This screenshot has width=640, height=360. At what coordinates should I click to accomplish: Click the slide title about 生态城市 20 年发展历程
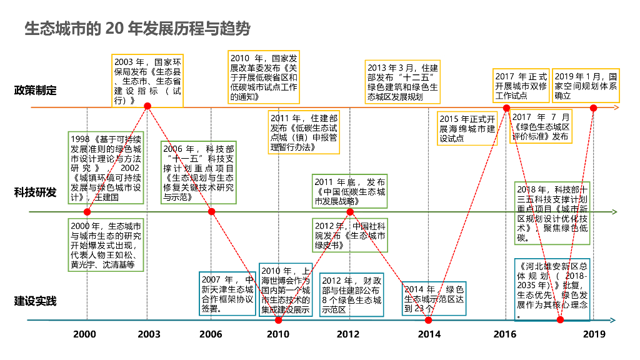tap(137, 29)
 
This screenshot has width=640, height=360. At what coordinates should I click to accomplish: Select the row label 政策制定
tap(36, 91)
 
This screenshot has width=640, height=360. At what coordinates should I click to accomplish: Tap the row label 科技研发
tap(36, 192)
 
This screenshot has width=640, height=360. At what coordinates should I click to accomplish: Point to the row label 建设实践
tap(36, 301)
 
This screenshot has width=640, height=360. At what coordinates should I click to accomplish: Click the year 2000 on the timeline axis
tap(84, 334)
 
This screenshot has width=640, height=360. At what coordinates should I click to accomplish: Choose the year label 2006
tap(211, 334)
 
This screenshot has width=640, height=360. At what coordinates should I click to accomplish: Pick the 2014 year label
tap(428, 334)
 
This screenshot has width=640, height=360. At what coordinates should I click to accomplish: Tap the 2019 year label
tap(594, 334)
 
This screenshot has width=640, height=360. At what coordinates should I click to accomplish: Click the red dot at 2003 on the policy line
tap(148, 106)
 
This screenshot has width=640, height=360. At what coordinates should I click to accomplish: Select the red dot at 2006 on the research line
tap(211, 212)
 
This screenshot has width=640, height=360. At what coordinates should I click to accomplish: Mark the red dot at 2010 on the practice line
tap(279, 321)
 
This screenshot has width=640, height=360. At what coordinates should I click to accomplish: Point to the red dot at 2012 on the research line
tap(351, 212)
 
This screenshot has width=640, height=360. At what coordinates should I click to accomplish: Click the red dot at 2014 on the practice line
tap(429, 321)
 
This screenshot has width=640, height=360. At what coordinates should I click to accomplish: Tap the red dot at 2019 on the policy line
tap(594, 108)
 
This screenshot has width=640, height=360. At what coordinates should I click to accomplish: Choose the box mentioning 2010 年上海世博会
tap(286, 289)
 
